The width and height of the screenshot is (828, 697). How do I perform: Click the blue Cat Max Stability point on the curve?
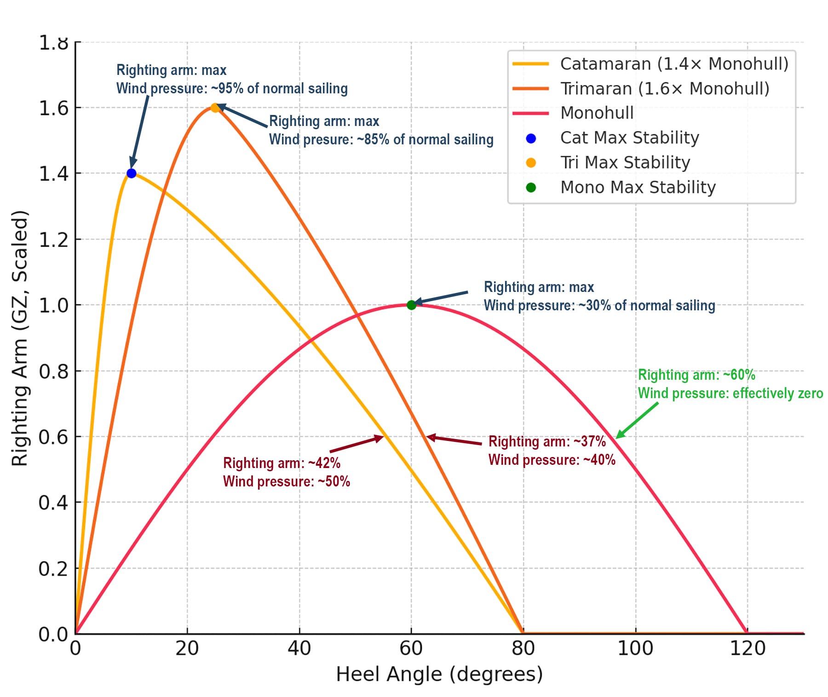pos(131,173)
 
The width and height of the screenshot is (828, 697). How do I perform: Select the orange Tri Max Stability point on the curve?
pos(215,108)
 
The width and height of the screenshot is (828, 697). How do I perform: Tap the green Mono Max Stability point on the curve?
pos(411,305)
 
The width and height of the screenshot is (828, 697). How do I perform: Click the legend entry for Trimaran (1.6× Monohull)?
pos(664,88)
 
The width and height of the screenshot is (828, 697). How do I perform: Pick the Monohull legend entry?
pos(597,113)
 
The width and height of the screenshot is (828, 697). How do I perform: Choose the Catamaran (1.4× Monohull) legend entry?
pos(674,63)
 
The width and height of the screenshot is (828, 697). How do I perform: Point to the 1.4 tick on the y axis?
pos(53,174)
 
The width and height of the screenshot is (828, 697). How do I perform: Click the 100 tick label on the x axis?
pos(635,648)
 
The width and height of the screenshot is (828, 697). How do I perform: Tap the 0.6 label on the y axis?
pos(53,437)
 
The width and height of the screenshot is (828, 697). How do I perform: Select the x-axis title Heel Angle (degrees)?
pos(439,674)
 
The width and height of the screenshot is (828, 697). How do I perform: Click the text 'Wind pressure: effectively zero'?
pos(730,394)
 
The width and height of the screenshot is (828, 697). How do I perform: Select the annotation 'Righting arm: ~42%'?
pos(282,463)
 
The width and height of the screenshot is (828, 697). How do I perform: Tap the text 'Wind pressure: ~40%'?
pos(552,460)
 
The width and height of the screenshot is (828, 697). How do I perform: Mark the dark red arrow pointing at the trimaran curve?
pos(454,440)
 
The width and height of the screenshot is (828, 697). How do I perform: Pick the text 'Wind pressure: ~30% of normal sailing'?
pos(599,306)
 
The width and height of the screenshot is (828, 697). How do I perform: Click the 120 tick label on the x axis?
pos(747,648)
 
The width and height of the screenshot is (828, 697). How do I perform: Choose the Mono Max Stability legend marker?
pos(531,187)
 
